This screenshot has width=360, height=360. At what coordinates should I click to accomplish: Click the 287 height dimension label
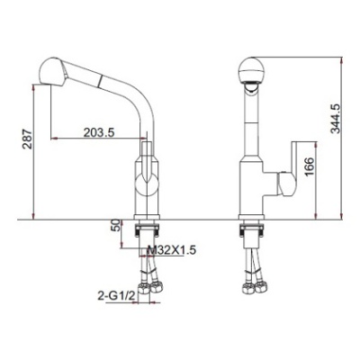pyautogui.click(x=27, y=139)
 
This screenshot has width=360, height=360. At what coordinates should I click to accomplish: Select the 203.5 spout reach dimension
pyautogui.click(x=99, y=132)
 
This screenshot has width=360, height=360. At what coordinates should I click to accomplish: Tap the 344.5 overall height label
pyautogui.click(x=335, y=119)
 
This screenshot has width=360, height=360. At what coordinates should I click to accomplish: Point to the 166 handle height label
pyautogui.click(x=309, y=166)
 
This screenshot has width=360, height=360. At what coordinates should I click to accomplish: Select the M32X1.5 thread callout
pyautogui.click(x=173, y=249)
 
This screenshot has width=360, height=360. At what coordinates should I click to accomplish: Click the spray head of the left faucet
pyautogui.click(x=53, y=71)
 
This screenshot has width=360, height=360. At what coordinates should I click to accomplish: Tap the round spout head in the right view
pyautogui.click(x=251, y=69)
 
